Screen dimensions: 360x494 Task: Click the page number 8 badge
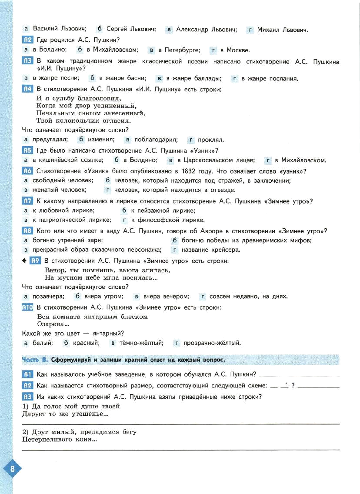tap(12, 468)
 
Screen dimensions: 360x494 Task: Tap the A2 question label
tap(28, 40)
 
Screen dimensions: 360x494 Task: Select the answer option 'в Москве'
tap(235, 50)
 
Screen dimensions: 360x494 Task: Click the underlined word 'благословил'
tap(99, 98)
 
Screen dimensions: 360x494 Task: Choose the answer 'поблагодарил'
tap(156, 140)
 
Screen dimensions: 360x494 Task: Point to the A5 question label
tap(28, 150)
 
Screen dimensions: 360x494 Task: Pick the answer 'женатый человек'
tap(59, 190)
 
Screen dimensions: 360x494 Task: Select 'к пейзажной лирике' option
tap(163, 210)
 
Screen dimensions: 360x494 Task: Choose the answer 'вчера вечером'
tap(166, 296)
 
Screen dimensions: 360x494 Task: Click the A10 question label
tap(28, 307)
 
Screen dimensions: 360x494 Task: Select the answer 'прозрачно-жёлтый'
tap(212, 343)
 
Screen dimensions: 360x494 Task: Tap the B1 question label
tap(28, 374)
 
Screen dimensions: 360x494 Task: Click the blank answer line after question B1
tap(299, 376)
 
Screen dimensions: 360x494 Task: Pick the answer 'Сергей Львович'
tap(131, 29)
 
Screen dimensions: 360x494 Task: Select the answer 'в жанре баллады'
tap(194, 78)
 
